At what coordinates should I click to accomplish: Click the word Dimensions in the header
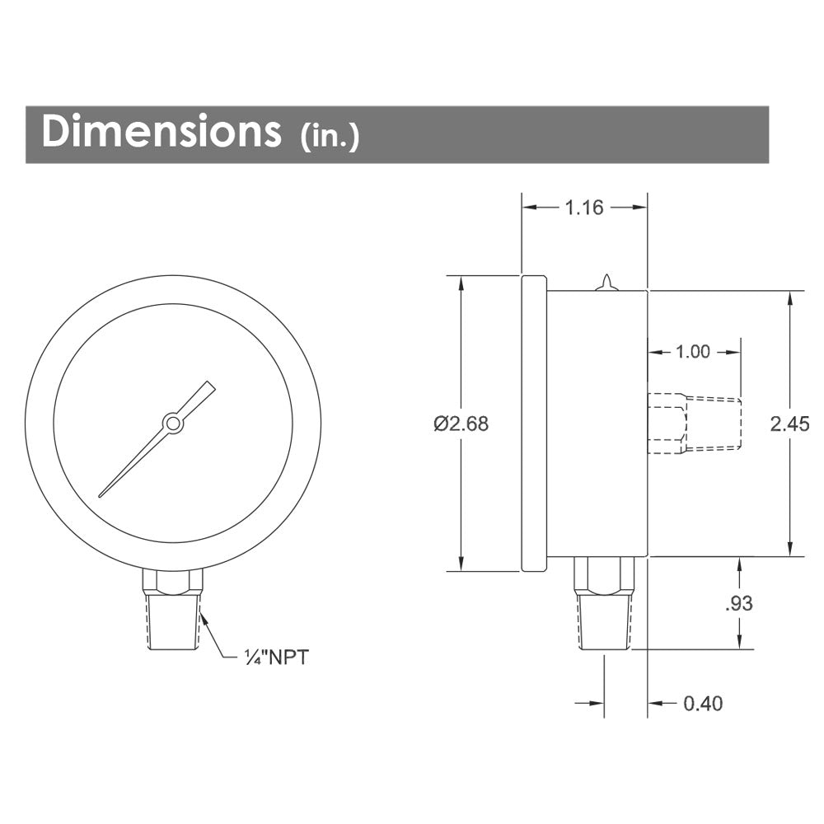click(x=162, y=130)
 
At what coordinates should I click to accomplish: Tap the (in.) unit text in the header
click(x=330, y=136)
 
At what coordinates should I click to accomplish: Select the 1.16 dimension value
click(x=584, y=208)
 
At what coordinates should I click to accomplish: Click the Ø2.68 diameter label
click(x=461, y=423)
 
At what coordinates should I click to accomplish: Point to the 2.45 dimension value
click(x=790, y=423)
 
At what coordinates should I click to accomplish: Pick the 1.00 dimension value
click(x=693, y=352)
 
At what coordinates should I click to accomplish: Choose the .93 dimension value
click(x=739, y=603)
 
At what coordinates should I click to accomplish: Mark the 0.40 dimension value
click(x=703, y=703)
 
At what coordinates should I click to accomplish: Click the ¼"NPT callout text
click(x=276, y=657)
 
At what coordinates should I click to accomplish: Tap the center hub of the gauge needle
click(x=172, y=423)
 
